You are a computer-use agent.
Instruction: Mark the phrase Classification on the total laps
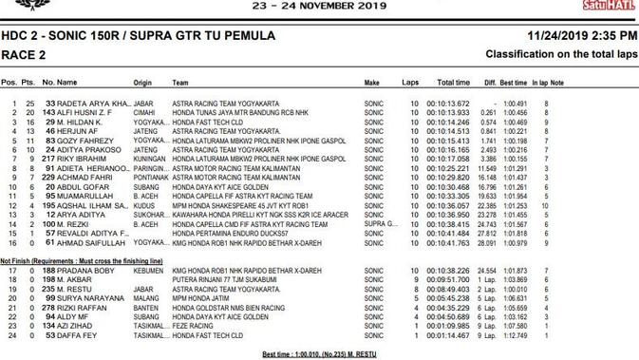click(x=561, y=55)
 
